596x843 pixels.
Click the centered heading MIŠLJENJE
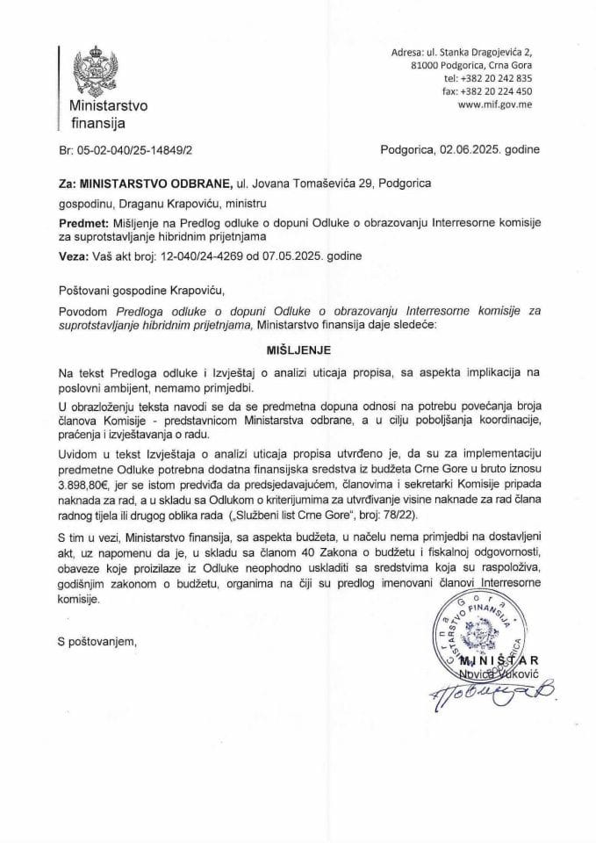pos(298,348)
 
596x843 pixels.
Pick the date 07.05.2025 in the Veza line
pos(309,256)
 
